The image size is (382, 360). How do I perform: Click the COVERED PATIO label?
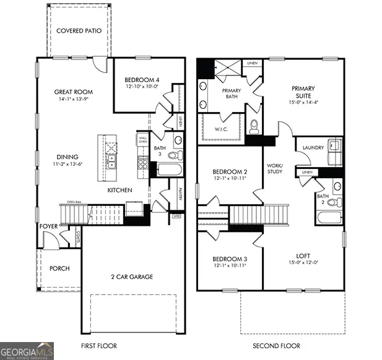pos(79,30)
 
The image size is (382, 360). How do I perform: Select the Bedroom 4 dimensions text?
pos(141,87)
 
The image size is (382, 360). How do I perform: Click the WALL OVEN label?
pos(142,140)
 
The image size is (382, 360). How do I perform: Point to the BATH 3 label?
pos(160,152)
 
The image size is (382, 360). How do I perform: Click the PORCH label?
pos(59,268)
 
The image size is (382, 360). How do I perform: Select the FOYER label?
pos(48,226)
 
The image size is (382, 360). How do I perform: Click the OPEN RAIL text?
pos(75,202)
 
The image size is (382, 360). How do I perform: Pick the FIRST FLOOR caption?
pos(98,346)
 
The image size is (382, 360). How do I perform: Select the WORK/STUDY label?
pos(274,169)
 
